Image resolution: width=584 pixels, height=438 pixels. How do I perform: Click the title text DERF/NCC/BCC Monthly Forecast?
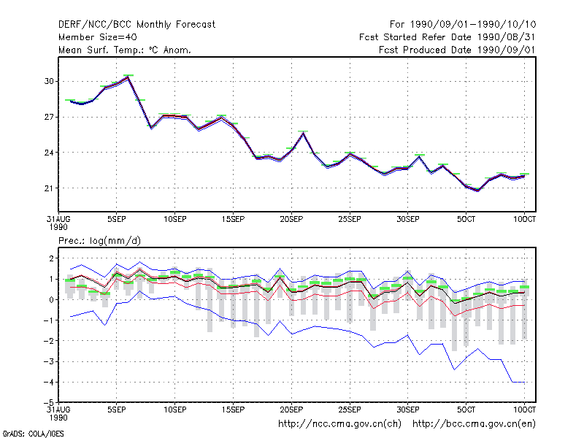coord(137,25)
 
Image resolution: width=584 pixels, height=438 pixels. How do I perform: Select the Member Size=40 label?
coord(98,37)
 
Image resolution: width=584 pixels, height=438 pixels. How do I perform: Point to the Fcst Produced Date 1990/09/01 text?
coord(458,50)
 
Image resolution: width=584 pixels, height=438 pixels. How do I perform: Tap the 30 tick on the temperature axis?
coord(49,81)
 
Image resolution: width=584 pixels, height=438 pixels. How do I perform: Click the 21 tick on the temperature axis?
coord(49,188)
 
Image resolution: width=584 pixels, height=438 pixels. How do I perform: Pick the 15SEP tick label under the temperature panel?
coord(233,220)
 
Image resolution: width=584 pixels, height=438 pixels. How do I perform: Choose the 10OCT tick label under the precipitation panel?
coord(524,410)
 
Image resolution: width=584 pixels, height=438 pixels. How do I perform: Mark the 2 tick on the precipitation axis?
coord(51,258)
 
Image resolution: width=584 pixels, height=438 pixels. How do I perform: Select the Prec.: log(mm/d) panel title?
coord(99,241)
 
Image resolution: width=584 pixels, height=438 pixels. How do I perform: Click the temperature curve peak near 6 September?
coord(128,77)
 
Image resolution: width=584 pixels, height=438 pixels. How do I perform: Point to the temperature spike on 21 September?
coord(303,133)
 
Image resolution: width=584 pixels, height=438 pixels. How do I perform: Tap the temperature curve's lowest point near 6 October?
coord(478,191)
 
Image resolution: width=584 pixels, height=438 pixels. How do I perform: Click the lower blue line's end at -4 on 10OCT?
coord(524,382)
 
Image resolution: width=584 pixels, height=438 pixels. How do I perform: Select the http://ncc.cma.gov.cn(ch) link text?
coord(339,424)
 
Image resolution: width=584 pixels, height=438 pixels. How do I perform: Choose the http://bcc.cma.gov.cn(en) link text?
coord(474,424)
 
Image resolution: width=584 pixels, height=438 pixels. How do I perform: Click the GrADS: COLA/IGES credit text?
coord(33,434)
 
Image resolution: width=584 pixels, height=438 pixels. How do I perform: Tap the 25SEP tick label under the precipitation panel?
coord(350,410)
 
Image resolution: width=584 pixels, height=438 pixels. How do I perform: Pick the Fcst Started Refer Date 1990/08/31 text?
coord(447,37)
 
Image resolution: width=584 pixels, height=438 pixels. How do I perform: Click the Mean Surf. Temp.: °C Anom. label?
coord(125,50)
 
